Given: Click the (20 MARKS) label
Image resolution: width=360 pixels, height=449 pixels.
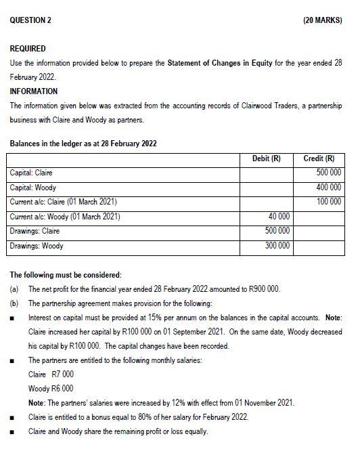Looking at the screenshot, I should pos(323,20).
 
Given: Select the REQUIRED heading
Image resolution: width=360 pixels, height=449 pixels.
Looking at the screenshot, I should pos(28,49).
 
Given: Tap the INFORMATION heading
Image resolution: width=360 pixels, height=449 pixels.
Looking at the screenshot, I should pos(34,91).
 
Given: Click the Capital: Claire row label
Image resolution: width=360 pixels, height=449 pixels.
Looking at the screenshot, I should pos(31,173).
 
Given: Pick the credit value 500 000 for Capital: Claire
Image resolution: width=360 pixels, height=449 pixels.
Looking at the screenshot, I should pos(328,173).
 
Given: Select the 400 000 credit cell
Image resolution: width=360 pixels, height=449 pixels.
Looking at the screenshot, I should pos(328,188).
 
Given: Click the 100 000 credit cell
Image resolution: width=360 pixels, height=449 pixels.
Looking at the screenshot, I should pos(328,202).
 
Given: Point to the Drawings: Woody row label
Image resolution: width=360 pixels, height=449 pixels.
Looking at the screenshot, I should pos(37,246).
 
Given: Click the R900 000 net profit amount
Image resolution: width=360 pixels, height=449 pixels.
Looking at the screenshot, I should pos(261,289).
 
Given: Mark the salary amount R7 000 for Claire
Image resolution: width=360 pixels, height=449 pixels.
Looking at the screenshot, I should pos(63,375).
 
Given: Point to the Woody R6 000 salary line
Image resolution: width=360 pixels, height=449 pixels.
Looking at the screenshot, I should pos(51,389).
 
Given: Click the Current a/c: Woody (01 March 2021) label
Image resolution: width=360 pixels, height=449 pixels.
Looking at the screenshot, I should pos(65,217).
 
